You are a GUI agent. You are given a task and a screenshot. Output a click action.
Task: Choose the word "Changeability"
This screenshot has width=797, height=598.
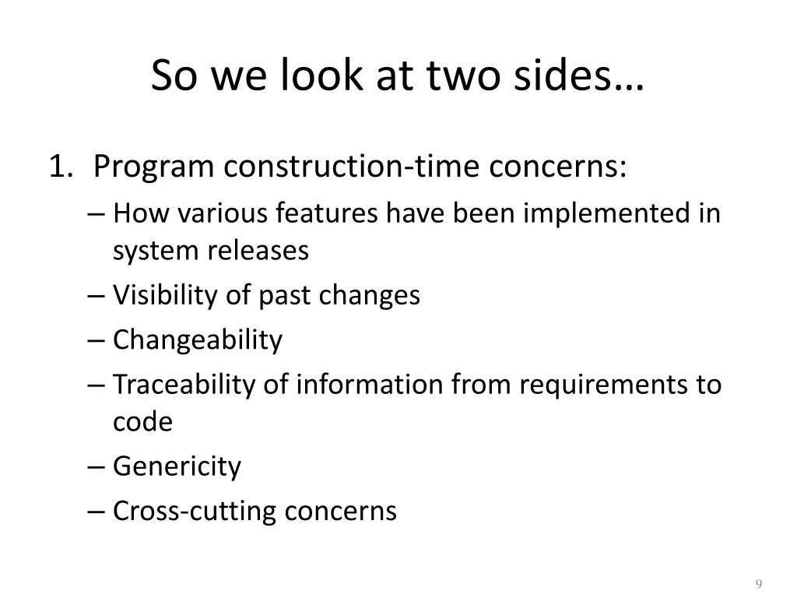tap(198, 340)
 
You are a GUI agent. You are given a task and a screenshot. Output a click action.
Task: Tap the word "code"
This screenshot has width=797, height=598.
tap(142, 422)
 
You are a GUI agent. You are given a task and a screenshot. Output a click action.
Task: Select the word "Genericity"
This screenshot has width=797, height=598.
tap(177, 467)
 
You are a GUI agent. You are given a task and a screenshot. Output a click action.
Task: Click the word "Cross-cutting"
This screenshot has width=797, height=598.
tap(195, 512)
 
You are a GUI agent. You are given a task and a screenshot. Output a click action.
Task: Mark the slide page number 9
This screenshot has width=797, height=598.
tap(758, 585)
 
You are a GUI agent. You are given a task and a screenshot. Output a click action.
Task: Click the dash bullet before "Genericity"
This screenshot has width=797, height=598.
tap(97, 467)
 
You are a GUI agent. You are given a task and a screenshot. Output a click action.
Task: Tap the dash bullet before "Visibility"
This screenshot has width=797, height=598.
tap(97, 296)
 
